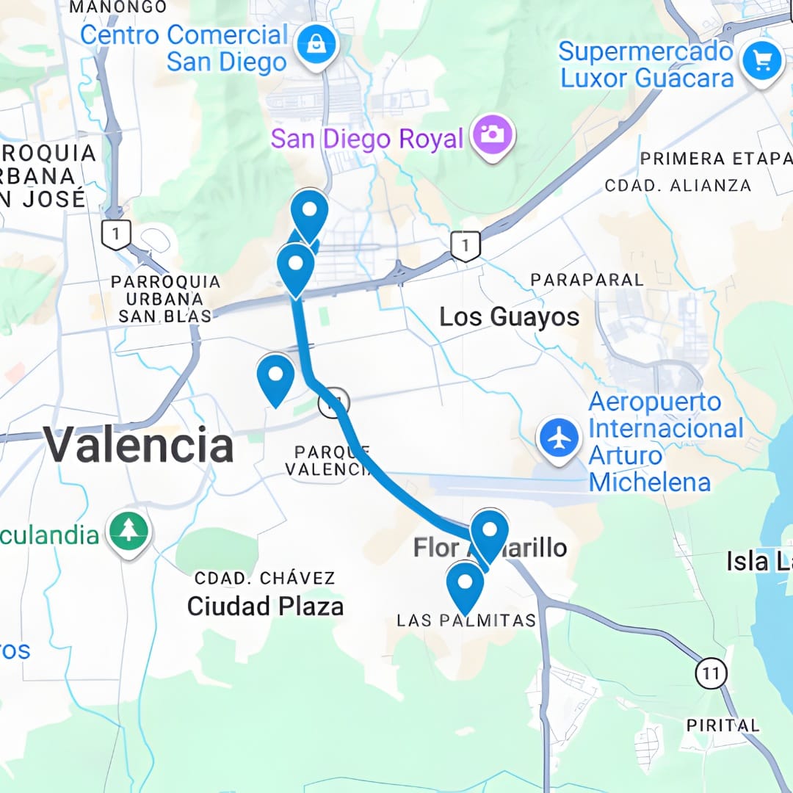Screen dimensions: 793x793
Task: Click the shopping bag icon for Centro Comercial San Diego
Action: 316,46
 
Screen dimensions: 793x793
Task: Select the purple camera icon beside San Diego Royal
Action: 493,136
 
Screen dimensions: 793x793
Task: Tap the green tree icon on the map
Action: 129,532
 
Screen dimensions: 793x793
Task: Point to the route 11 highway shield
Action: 711,673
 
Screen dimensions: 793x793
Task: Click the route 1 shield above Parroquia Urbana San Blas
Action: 117,235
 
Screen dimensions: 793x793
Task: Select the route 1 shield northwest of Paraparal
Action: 466,246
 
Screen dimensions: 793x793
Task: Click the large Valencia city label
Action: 138,446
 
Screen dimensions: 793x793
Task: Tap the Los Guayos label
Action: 509,317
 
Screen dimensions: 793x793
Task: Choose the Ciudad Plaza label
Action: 265,606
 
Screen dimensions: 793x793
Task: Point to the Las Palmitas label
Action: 466,621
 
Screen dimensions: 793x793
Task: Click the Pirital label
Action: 723,725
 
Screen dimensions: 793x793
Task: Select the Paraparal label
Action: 587,280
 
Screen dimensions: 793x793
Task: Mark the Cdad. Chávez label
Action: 264,579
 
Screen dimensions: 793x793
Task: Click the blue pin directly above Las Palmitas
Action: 465,584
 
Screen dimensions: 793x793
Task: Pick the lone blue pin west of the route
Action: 275,377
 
